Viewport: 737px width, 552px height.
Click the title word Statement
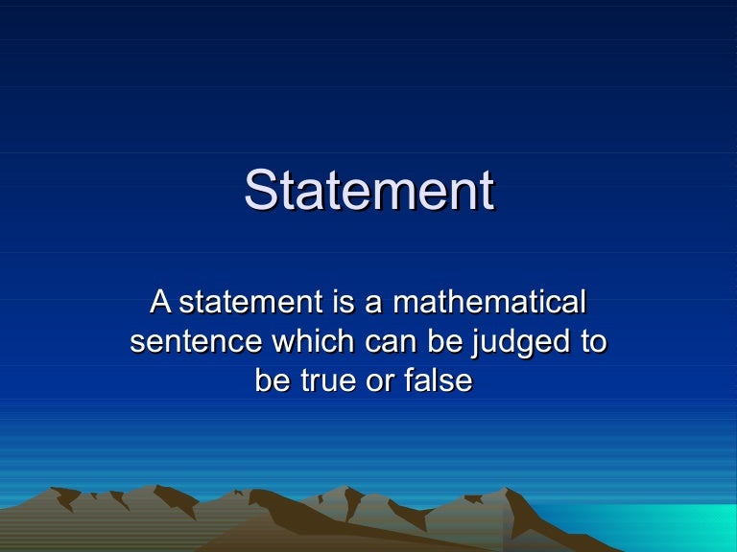click(x=368, y=191)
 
